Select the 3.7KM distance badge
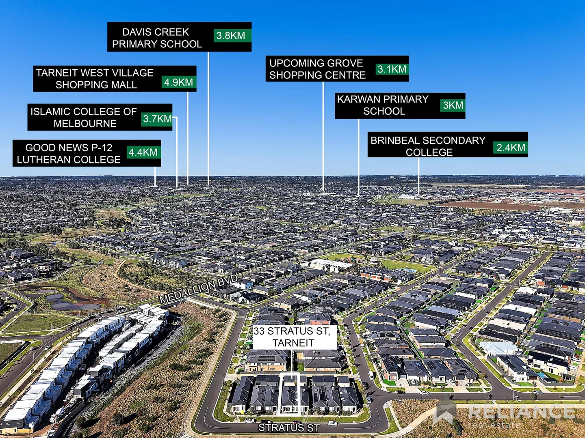click(157, 119)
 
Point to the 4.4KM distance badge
click(143, 152)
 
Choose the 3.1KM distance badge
click(392, 69)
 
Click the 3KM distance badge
click(453, 105)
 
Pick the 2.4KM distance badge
click(510, 148)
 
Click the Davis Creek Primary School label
click(157, 38)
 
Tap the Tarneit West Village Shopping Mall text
click(95, 79)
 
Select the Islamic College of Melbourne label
click(84, 117)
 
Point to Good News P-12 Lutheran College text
click(69, 153)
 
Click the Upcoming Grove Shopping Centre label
click(317, 69)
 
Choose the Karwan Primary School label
click(383, 105)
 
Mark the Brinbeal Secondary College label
click(428, 146)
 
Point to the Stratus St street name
click(289, 428)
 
